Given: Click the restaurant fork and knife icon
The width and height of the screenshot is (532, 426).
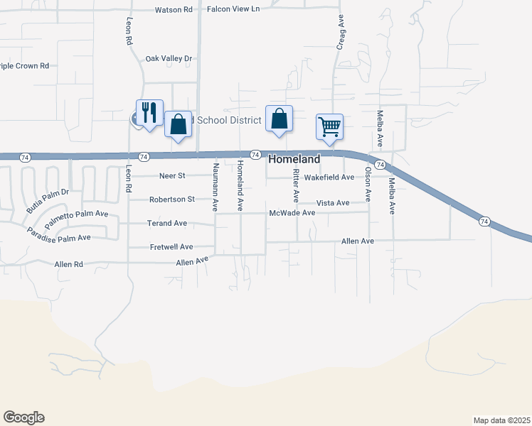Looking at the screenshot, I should pyautogui.click(x=149, y=113).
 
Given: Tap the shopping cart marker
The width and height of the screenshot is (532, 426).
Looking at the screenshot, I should pyautogui.click(x=329, y=127).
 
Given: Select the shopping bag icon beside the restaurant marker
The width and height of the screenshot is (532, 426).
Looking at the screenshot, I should pyautogui.click(x=178, y=124).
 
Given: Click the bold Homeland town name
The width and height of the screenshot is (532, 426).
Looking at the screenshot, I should pyautogui.click(x=294, y=160).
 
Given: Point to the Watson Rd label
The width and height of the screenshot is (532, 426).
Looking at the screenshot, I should pyautogui.click(x=174, y=10).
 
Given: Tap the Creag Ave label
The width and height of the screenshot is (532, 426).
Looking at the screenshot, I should pyautogui.click(x=341, y=33).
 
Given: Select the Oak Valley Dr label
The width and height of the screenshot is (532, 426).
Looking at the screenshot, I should pyautogui.click(x=169, y=59).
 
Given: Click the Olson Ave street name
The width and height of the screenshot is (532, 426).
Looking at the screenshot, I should pyautogui.click(x=368, y=182).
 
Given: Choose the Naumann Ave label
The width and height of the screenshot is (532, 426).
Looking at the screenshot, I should pyautogui.click(x=215, y=187).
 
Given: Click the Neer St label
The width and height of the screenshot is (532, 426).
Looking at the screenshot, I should pyautogui.click(x=172, y=175).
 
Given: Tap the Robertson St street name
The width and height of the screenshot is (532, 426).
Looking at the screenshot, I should pyautogui.click(x=171, y=200).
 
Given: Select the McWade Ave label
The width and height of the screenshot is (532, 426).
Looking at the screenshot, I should pyautogui.click(x=292, y=213).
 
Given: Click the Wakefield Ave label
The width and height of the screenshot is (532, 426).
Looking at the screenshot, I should pyautogui.click(x=329, y=177).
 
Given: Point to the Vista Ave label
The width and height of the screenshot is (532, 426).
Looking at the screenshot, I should pyautogui.click(x=333, y=203).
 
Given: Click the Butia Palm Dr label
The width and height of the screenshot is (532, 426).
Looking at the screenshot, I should pyautogui.click(x=47, y=202).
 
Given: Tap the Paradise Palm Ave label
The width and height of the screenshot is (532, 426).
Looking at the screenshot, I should pyautogui.click(x=59, y=234).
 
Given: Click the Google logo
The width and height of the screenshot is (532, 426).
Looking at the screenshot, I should pyautogui.click(x=23, y=417).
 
